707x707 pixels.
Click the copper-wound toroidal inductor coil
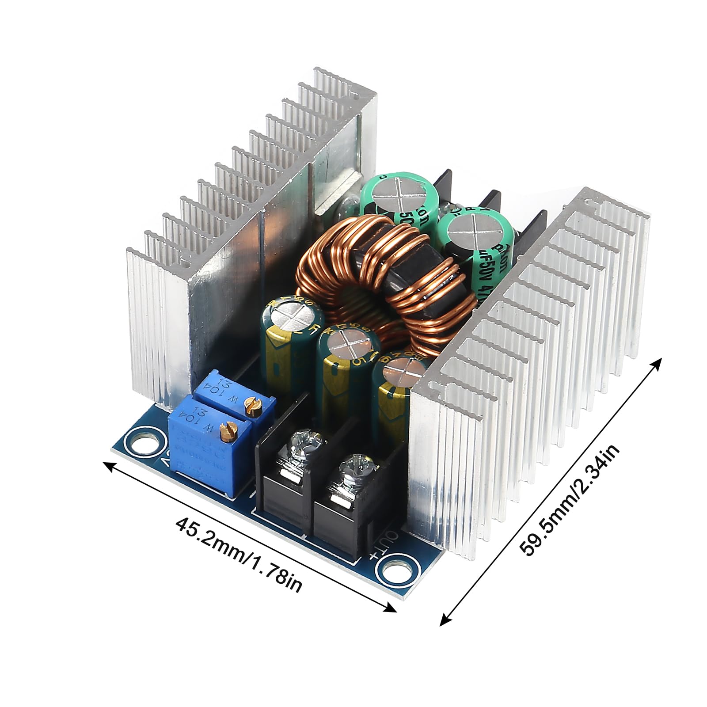(380, 283)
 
